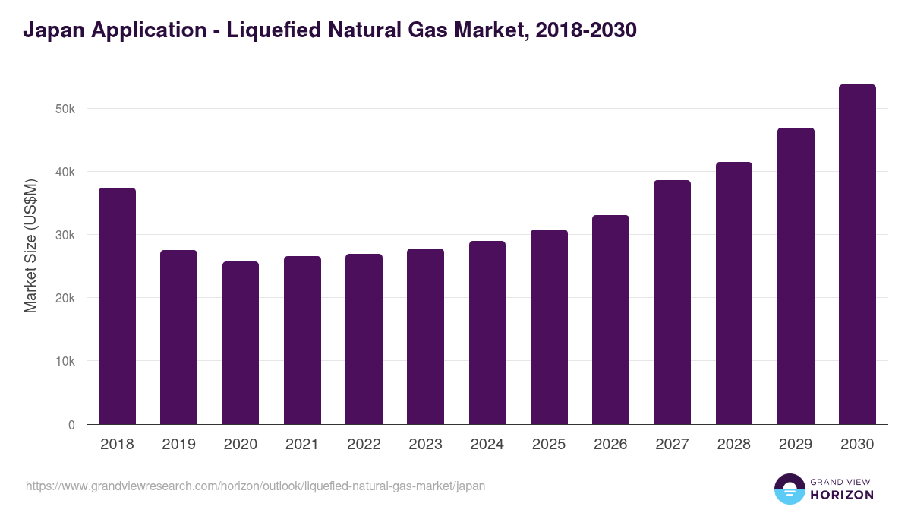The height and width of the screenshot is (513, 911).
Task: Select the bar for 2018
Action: click(117, 306)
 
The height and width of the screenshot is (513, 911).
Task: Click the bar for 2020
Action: click(241, 343)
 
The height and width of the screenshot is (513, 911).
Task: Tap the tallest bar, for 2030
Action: click(857, 254)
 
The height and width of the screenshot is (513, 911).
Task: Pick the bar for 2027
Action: click(672, 302)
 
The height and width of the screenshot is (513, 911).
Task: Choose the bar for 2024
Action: click(487, 332)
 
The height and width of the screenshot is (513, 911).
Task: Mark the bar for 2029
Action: click(796, 276)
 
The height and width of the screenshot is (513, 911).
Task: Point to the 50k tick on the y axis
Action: click(66, 109)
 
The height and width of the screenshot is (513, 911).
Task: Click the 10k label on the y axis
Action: click(66, 362)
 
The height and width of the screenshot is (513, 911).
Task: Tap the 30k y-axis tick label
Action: click(66, 236)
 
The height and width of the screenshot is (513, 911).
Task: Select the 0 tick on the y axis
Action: click(71, 425)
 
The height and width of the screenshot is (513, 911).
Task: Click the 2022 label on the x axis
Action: click(364, 445)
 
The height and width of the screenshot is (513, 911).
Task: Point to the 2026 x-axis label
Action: click(610, 445)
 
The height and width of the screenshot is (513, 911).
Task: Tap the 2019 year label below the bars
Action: click(178, 445)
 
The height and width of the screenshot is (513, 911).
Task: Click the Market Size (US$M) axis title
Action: click(30, 245)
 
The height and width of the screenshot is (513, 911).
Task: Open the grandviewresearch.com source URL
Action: click(255, 486)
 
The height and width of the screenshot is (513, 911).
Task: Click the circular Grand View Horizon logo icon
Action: click(789, 489)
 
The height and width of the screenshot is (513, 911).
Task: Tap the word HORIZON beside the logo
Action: click(841, 495)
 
